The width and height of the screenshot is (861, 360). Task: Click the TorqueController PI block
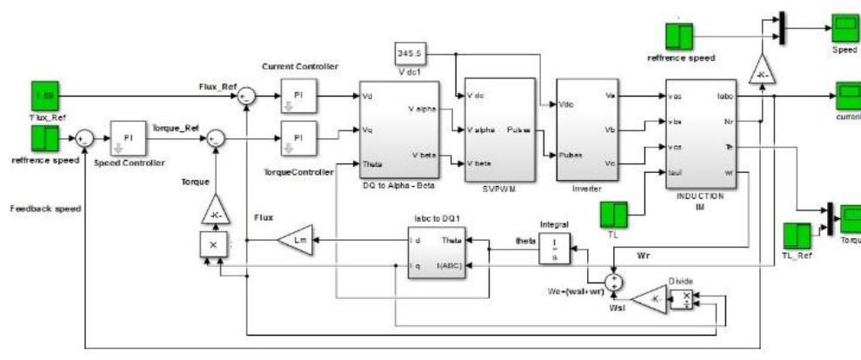[298, 137]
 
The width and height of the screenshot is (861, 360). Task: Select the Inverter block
[591, 127]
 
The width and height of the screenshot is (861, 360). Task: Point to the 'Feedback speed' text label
[43, 210]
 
